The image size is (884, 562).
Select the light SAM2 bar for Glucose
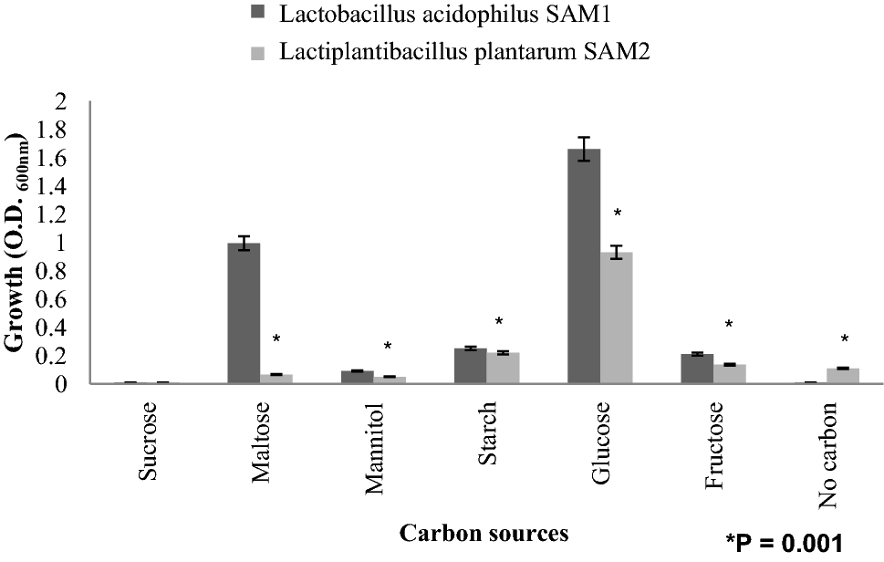617,318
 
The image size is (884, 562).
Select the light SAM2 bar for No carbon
843,375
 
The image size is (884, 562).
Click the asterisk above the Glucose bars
618,215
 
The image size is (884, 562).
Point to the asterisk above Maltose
276,340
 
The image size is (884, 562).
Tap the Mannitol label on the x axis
377,446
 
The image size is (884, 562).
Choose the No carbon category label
829,455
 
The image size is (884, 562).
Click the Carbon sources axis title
483,533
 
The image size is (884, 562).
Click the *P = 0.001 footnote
785,542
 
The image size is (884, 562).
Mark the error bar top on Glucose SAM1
584,137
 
